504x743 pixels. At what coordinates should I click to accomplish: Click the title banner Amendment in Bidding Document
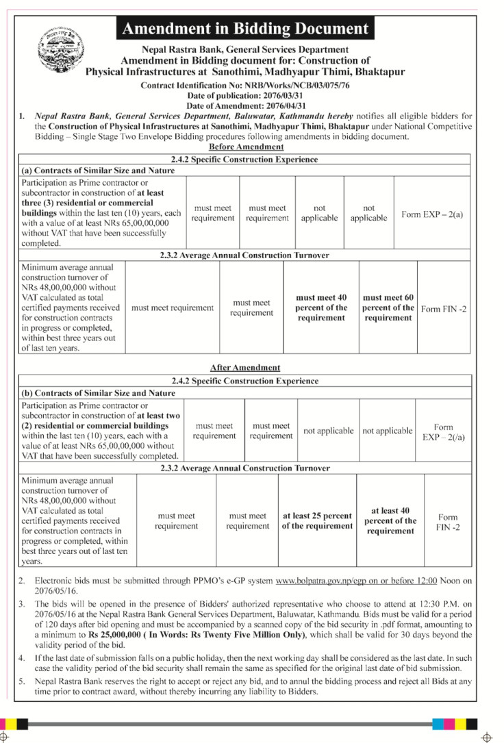click(x=245, y=29)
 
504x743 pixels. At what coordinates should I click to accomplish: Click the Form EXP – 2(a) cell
click(x=432, y=214)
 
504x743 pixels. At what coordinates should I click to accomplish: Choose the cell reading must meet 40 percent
click(x=321, y=307)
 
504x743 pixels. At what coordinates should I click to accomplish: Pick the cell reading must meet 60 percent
click(x=388, y=307)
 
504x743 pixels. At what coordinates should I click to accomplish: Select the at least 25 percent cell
click(x=317, y=520)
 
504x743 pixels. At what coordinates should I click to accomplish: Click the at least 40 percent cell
click(x=390, y=520)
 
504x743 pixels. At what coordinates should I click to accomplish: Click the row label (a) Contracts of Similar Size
click(x=98, y=171)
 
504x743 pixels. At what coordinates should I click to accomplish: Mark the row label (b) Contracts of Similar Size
click(x=99, y=393)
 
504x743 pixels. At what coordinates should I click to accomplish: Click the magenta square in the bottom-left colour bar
click(x=10, y=723)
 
